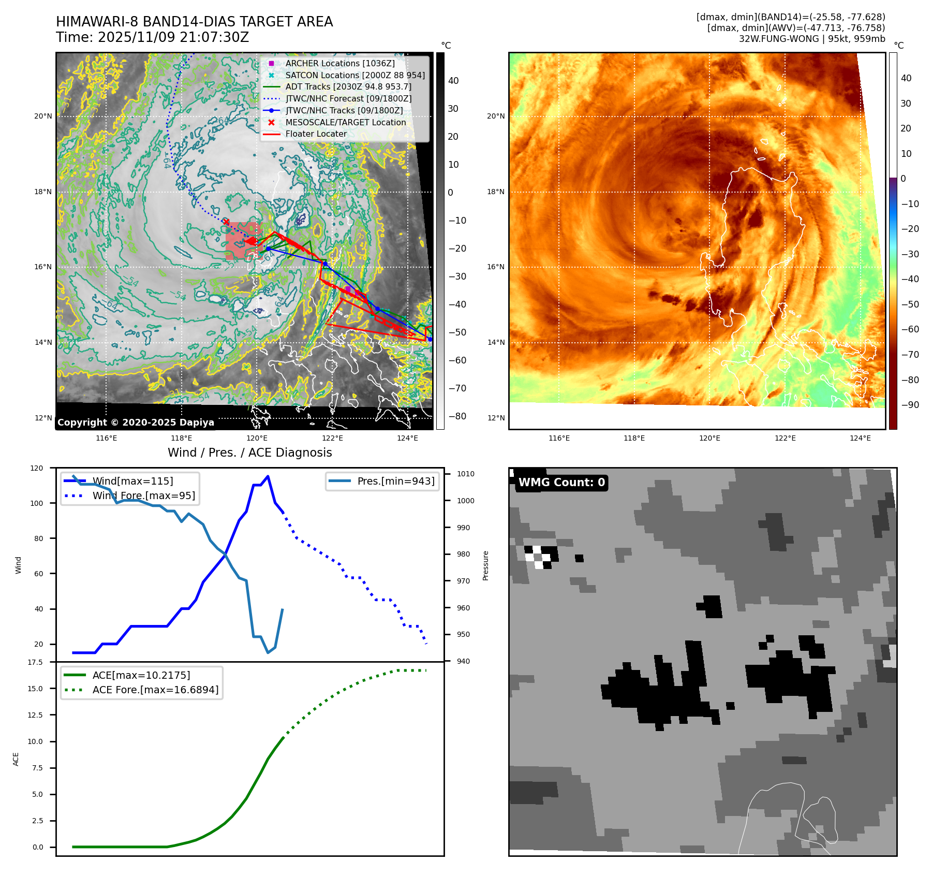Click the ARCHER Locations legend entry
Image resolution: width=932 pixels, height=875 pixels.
click(x=339, y=63)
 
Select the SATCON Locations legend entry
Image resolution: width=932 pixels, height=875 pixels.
click(x=354, y=75)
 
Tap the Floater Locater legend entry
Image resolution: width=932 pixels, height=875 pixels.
click(x=316, y=134)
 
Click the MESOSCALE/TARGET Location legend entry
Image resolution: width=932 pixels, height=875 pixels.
click(x=345, y=122)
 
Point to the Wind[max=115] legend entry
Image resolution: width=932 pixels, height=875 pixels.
click(x=132, y=481)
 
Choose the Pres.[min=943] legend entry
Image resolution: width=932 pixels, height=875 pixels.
click(x=395, y=481)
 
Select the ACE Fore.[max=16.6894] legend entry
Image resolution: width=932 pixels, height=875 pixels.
click(x=155, y=690)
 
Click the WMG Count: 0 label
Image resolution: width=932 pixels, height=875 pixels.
click(x=561, y=483)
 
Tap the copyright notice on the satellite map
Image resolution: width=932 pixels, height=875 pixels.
click(x=136, y=422)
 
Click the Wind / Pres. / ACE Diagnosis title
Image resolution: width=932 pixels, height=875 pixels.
click(x=250, y=453)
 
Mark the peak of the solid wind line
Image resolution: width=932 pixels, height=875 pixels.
click(x=268, y=476)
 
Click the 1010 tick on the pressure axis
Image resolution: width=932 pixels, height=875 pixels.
click(x=466, y=474)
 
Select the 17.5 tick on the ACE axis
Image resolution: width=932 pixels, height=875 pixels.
click(x=35, y=662)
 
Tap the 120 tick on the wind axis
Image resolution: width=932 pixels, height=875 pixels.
click(x=37, y=468)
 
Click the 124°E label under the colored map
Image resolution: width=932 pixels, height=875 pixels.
click(x=860, y=438)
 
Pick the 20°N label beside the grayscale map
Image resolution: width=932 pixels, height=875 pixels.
click(x=43, y=116)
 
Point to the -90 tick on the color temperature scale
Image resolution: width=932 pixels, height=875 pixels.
click(x=910, y=405)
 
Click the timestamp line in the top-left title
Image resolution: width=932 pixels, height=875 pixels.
click(x=153, y=37)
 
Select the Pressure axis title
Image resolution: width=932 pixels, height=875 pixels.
click(x=485, y=565)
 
